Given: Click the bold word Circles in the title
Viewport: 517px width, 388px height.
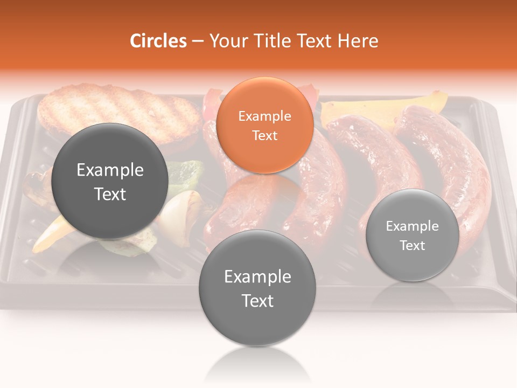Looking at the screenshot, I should pos(158,41).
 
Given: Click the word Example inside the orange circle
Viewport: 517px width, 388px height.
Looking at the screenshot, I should pos(264,116).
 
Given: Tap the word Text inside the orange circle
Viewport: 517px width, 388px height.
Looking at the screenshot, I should pos(264,135).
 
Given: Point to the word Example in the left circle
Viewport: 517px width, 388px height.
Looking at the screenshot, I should pos(110,170).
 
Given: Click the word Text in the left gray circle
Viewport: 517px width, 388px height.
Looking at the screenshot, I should pos(110,194).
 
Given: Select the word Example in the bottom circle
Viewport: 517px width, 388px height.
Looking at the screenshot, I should pos(257,277).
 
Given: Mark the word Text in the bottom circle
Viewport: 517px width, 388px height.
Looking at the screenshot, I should pos(257,301).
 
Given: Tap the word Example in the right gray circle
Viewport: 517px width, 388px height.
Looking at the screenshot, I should pos(413,226).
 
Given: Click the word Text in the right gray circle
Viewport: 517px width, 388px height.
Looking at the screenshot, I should pos(413,245).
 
